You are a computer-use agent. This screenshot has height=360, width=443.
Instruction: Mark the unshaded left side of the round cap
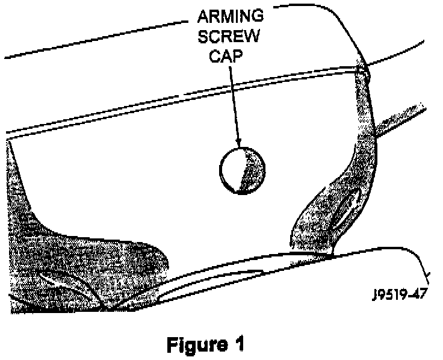[232, 172]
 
